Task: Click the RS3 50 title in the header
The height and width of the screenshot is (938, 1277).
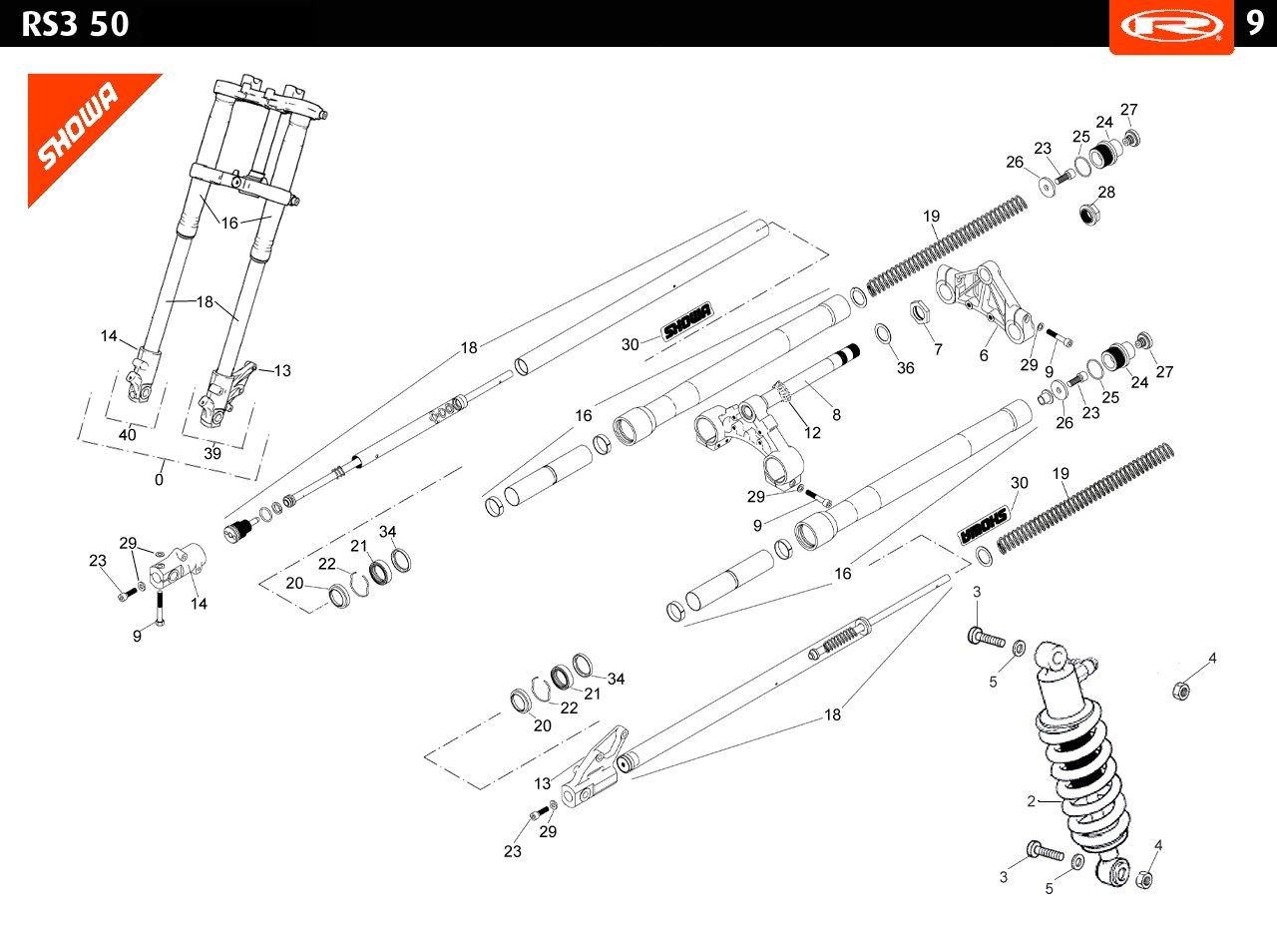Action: click(x=75, y=25)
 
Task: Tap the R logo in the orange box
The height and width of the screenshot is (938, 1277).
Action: click(x=1171, y=26)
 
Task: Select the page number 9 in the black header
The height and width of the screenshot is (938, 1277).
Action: click(x=1255, y=23)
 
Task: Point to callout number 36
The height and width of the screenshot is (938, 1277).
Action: click(x=905, y=368)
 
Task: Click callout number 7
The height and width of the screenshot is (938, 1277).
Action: click(x=939, y=349)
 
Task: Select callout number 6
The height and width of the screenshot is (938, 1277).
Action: click(x=984, y=355)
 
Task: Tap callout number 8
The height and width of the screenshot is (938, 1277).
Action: click(x=836, y=414)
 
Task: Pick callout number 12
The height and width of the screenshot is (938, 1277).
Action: click(x=812, y=433)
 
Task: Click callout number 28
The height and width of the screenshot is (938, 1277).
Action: click(x=1106, y=193)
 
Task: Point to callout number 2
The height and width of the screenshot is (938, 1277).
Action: click(x=1031, y=801)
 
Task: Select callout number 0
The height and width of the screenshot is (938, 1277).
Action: click(x=159, y=480)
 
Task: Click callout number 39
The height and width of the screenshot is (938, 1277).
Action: click(x=213, y=453)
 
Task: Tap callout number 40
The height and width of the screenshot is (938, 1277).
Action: click(x=127, y=434)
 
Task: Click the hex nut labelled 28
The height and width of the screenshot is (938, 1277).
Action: click(x=1090, y=214)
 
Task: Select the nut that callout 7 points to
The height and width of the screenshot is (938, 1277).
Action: click(x=920, y=311)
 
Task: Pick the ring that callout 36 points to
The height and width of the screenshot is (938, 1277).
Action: click(x=883, y=333)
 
